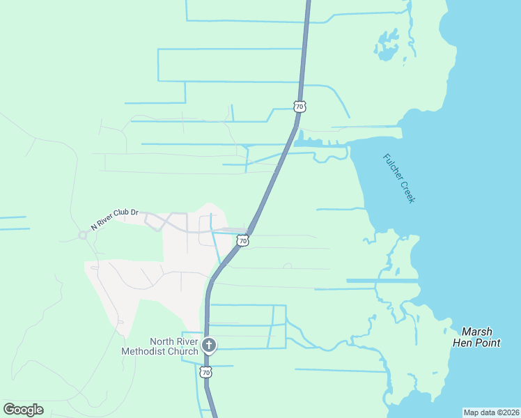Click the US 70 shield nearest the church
tap(205, 373)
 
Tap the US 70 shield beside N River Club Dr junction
tap(242, 241)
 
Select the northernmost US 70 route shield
tap(299, 107)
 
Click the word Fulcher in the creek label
tap(394, 168)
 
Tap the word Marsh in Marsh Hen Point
tap(476, 332)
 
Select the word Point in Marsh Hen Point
tap(487, 343)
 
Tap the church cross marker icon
tap(208, 345)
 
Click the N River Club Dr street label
tap(115, 219)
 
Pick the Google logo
tap(23, 409)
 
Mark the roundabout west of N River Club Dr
tap(82, 235)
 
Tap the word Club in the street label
tap(123, 216)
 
